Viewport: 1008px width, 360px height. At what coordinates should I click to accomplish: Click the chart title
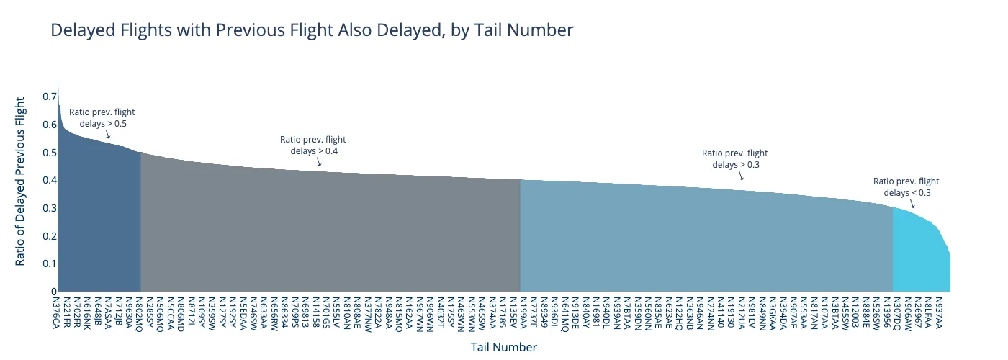(312, 30)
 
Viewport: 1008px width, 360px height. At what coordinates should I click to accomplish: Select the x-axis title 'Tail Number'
(503, 347)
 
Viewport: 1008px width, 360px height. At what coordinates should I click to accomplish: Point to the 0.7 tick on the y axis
(49, 96)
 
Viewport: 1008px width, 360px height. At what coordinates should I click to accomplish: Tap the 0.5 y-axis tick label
(49, 153)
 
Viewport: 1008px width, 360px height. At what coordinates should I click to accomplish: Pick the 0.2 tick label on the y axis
(49, 236)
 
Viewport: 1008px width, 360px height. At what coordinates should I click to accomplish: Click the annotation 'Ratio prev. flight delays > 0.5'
(102, 118)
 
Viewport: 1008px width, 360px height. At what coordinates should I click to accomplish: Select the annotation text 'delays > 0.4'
(314, 151)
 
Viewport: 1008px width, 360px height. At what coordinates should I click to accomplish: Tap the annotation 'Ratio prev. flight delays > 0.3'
(735, 158)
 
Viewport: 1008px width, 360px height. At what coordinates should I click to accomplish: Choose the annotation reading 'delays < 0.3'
(907, 192)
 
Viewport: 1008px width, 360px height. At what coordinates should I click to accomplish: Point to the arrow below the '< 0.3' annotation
(912, 205)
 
